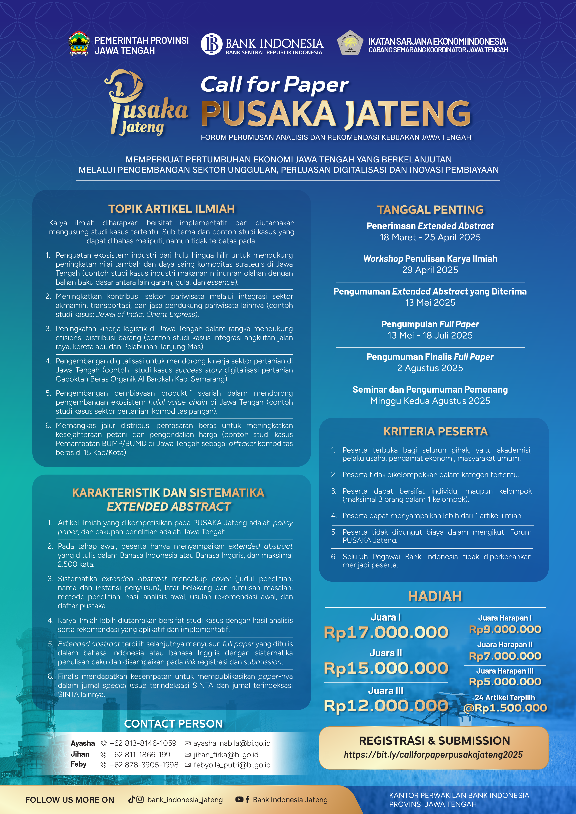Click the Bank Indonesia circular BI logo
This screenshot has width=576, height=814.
click(212, 44)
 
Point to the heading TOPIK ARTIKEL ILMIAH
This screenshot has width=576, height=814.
click(172, 209)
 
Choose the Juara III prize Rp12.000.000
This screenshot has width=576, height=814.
click(386, 706)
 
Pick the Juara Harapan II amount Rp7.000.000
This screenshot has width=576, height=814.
click(505, 656)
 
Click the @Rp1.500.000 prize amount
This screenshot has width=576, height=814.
click(505, 708)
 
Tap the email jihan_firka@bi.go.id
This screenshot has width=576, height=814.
click(226, 754)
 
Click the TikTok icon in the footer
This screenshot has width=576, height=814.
click(131, 799)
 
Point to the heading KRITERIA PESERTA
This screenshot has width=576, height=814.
click(436, 432)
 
